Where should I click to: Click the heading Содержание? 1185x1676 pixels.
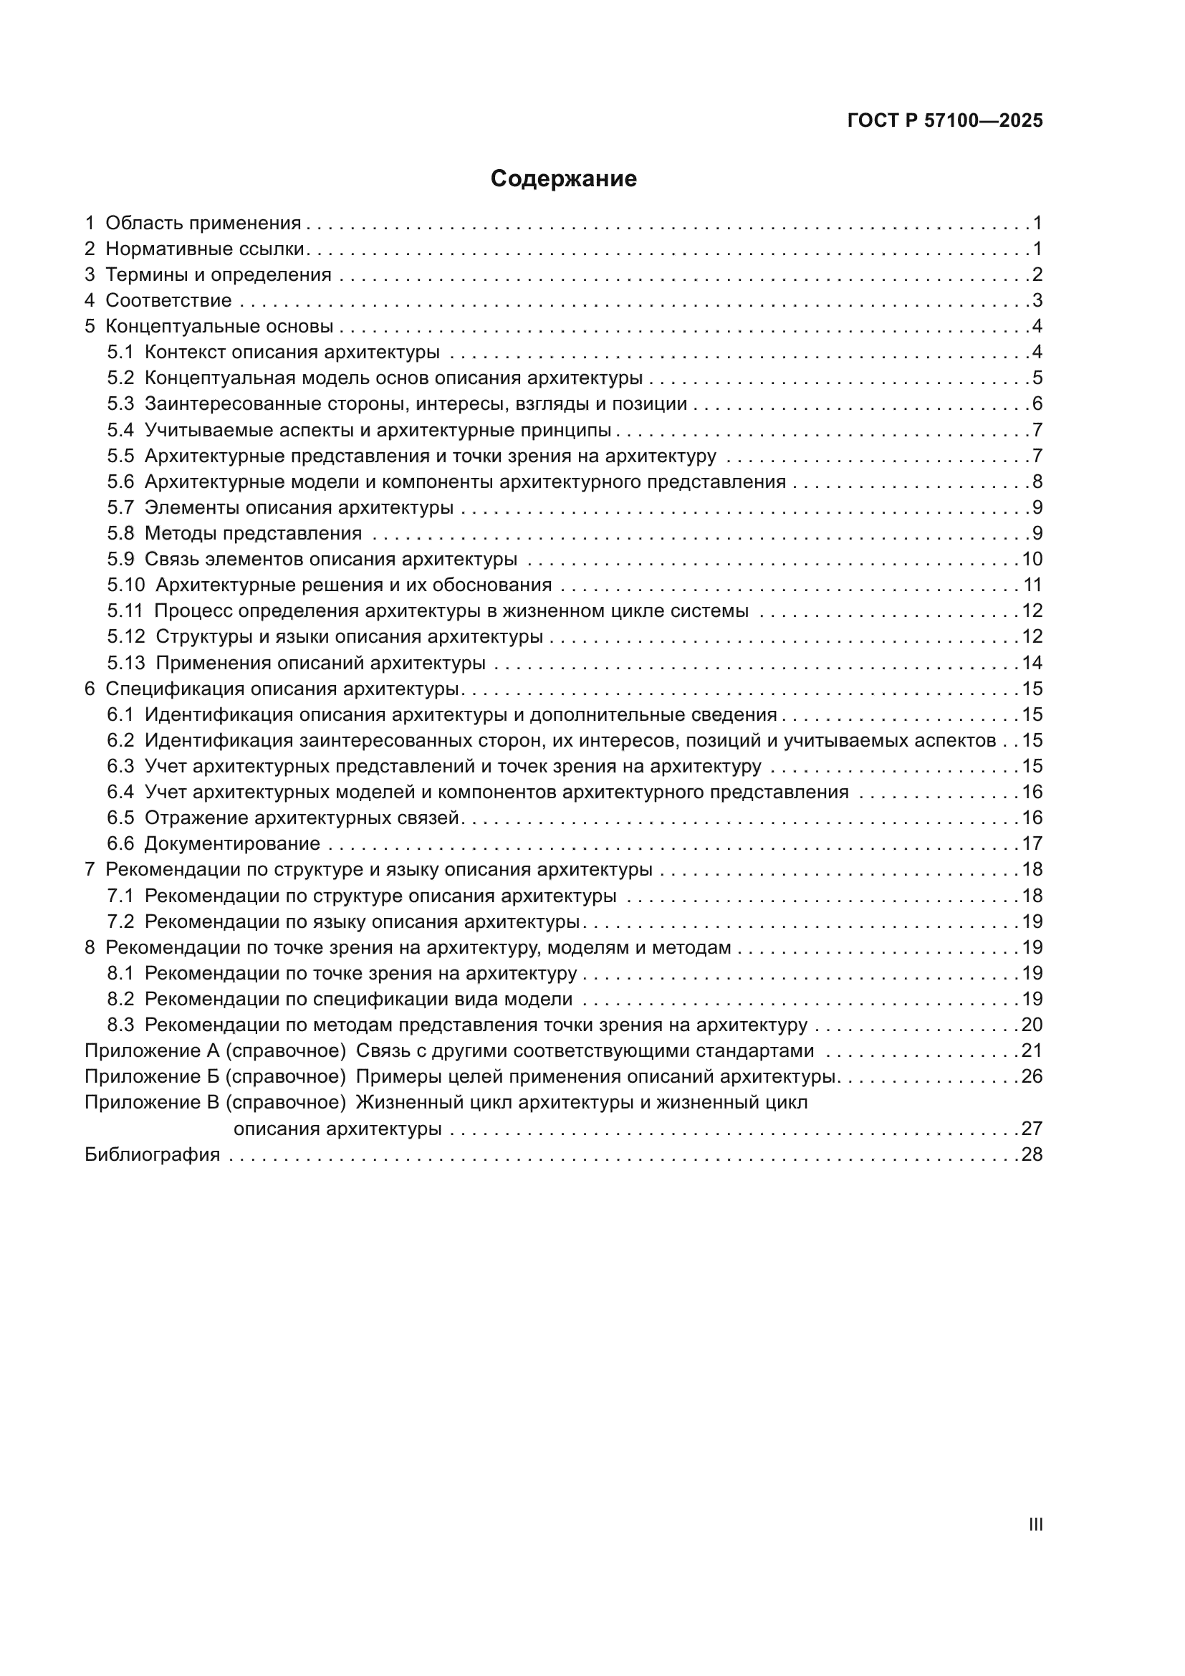563,179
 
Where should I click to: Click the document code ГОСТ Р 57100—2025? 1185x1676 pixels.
945,120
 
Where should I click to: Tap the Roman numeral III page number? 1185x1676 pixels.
1035,1524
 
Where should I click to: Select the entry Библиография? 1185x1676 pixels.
153,1154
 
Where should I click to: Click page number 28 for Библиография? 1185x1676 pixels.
1032,1154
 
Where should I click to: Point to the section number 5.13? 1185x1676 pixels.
126,663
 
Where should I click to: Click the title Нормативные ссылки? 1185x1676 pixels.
204,249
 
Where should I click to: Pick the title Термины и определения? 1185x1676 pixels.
219,274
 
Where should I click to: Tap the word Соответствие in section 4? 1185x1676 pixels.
168,300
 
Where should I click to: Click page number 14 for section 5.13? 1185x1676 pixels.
1032,663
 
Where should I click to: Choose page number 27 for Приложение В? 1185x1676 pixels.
1032,1129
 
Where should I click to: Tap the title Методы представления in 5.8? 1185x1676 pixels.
253,533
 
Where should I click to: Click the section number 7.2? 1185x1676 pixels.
120,921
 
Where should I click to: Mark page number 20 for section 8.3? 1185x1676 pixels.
1032,1025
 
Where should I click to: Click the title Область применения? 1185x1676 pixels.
203,223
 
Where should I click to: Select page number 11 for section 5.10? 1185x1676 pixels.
1032,585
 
